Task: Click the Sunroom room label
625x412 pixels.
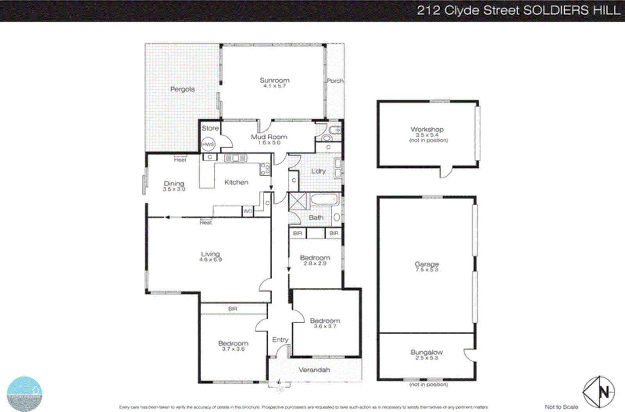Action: (275, 81)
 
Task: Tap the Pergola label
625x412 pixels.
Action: (182, 89)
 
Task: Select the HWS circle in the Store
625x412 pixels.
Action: (208, 144)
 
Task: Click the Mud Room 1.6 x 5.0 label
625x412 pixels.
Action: (269, 139)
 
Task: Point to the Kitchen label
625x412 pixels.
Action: (236, 182)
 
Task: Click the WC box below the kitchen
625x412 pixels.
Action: (248, 211)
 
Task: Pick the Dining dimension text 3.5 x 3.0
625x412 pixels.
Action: (174, 189)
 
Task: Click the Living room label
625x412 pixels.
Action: (210, 254)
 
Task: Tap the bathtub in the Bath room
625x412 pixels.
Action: (324, 200)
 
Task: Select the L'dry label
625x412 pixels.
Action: (318, 171)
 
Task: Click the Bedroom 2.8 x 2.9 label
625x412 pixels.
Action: (315, 260)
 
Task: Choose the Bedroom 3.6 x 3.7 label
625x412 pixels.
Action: (325, 323)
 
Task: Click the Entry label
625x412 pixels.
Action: (280, 340)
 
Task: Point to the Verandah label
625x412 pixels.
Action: (314, 370)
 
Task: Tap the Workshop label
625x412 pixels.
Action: (427, 129)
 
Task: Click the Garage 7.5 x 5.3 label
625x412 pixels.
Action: (427, 267)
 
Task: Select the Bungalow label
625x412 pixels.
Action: (427, 352)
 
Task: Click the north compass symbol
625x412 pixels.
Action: (598, 392)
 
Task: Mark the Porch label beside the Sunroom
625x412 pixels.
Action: (335, 81)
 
